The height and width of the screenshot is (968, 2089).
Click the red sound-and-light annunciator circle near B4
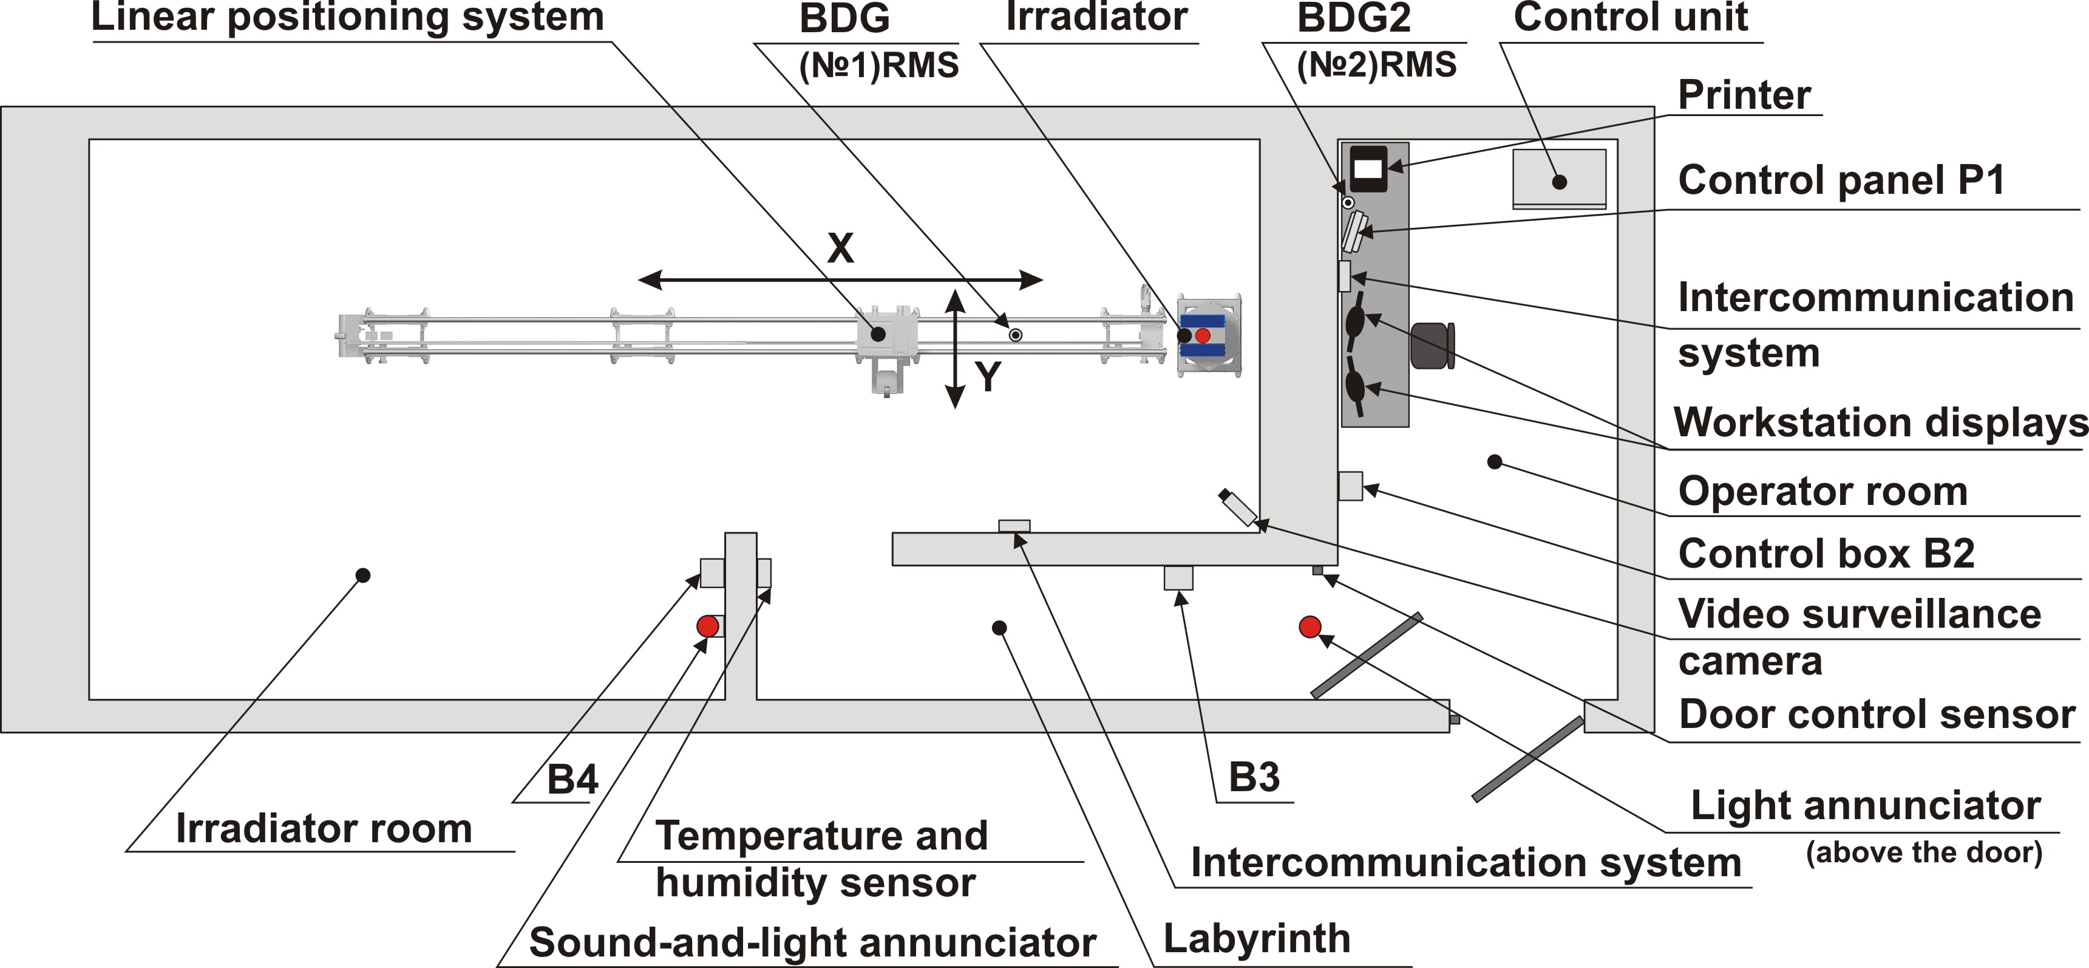[x=707, y=626]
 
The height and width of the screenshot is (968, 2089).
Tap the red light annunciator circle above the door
[x=1309, y=626]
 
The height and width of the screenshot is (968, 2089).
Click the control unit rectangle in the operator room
[x=1558, y=177]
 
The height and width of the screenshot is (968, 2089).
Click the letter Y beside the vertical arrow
[x=987, y=377]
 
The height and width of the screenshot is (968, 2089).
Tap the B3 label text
[x=1254, y=777]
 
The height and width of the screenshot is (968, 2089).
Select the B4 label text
[x=572, y=780]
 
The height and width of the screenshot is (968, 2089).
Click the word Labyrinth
[x=1256, y=939]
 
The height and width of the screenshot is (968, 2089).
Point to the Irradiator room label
[x=324, y=828]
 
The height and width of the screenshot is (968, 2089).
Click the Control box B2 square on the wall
[x=1350, y=486]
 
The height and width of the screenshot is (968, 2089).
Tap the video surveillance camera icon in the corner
[x=1238, y=508]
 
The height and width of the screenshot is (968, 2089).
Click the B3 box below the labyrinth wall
[x=1178, y=578]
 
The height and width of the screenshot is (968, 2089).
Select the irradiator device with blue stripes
[x=1208, y=335]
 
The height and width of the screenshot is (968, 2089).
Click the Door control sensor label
[x=1877, y=715]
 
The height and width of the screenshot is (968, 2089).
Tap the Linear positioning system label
[x=347, y=18]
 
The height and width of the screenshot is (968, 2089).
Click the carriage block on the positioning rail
[x=886, y=334]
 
